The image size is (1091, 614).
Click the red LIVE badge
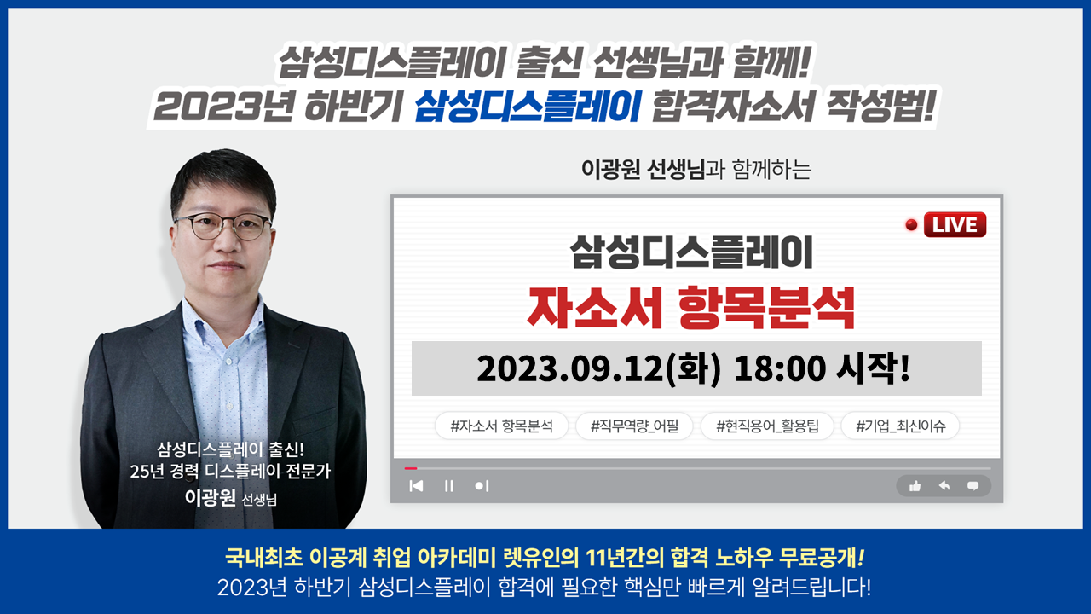coord(955,224)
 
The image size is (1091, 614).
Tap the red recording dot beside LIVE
coord(911,224)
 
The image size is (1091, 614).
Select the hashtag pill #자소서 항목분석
coord(501,426)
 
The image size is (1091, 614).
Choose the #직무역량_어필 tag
coord(634,426)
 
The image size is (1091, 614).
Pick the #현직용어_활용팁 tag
coord(767,426)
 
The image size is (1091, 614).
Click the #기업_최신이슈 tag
coord(901,426)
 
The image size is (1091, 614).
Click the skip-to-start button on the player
coord(417,486)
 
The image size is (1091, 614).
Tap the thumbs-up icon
coord(915,486)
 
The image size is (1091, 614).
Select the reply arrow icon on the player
coord(944,486)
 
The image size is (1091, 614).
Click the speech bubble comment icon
coord(973,486)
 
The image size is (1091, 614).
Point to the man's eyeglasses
coord(224,227)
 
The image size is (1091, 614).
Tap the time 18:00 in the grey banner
coord(780,368)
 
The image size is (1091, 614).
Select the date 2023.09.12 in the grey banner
coord(570,368)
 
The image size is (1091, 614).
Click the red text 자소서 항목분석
coord(691,308)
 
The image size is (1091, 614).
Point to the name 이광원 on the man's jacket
coord(210,497)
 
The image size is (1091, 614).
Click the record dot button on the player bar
coord(482,486)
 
